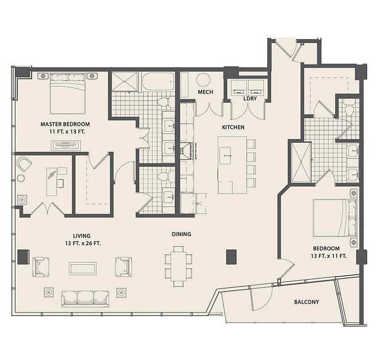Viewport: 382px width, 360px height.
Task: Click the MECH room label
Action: pos(206,92)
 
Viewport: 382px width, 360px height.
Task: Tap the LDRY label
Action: pos(250,98)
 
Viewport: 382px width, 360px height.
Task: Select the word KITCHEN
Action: pos(233,127)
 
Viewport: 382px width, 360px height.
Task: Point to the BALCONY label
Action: pos(306,302)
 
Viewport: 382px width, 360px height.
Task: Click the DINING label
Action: pos(182,234)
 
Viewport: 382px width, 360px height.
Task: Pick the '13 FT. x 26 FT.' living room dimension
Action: pos(83,243)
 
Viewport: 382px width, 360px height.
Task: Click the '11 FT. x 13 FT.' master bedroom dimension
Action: pos(67,132)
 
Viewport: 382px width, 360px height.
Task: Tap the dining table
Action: pos(179,266)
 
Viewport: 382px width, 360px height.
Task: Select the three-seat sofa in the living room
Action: pos(85,298)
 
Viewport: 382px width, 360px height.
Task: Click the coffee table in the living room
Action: pos(83,269)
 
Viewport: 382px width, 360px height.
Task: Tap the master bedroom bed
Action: pos(68,93)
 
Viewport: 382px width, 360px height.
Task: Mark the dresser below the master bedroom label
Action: pos(66,145)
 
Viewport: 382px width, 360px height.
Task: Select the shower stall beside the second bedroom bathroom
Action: pos(301,162)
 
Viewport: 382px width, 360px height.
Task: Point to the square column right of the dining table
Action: pos(232,257)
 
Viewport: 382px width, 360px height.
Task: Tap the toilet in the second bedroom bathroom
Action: pos(349,109)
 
